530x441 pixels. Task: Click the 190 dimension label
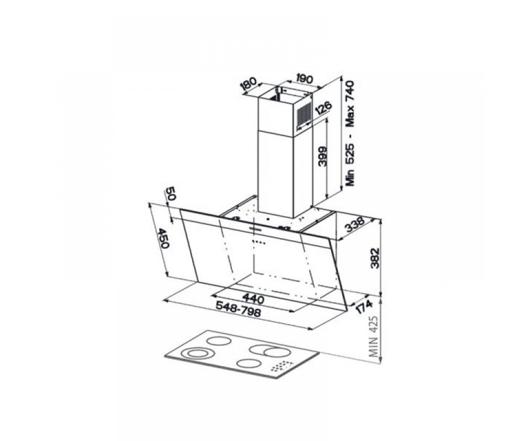pyautogui.click(x=304, y=79)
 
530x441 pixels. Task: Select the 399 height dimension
pyautogui.click(x=322, y=156)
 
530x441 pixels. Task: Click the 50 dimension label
pyautogui.click(x=170, y=194)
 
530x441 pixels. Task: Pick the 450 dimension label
pyautogui.click(x=163, y=238)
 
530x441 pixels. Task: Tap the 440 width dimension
pyautogui.click(x=254, y=299)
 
